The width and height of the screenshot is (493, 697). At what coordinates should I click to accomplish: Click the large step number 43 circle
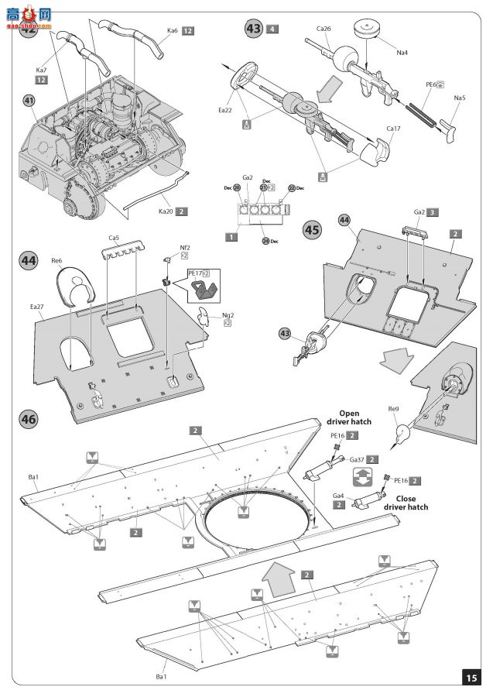click(x=253, y=29)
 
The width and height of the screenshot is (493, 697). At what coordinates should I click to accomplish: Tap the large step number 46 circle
click(x=29, y=419)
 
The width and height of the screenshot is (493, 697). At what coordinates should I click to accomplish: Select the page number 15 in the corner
click(x=471, y=677)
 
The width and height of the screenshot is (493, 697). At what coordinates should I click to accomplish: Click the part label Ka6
click(x=172, y=30)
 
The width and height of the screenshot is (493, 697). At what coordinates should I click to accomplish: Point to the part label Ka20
click(x=165, y=211)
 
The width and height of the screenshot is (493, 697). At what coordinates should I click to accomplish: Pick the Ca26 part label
click(x=324, y=29)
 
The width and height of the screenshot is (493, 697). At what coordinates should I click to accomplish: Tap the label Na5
click(x=460, y=98)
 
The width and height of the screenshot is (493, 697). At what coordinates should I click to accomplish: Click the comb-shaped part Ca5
click(x=121, y=247)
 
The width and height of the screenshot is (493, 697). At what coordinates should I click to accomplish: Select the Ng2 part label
click(x=228, y=315)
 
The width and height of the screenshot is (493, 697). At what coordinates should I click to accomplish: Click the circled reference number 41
click(x=29, y=101)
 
